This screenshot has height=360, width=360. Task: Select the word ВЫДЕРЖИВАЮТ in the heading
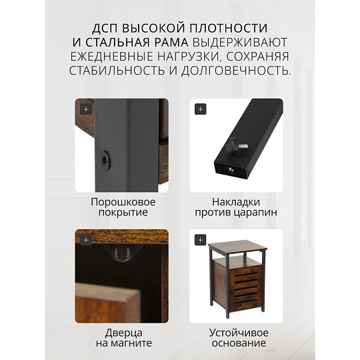[x=240, y=43]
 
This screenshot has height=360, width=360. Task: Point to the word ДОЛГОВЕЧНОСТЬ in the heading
[x=235, y=70]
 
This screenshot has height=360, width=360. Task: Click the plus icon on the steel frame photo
[x=86, y=109]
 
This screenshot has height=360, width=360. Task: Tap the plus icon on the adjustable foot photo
[x=200, y=109]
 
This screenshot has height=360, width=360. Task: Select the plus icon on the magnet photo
[x=86, y=240]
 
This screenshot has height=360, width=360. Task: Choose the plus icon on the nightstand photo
[x=200, y=240]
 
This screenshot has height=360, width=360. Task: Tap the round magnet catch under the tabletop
[x=123, y=253]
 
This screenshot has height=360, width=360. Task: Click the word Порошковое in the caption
[x=123, y=202]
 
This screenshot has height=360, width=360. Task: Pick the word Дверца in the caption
[x=124, y=333]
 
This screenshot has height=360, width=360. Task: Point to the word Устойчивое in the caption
[x=239, y=333]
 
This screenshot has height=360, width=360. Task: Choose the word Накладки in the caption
[x=236, y=202]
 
